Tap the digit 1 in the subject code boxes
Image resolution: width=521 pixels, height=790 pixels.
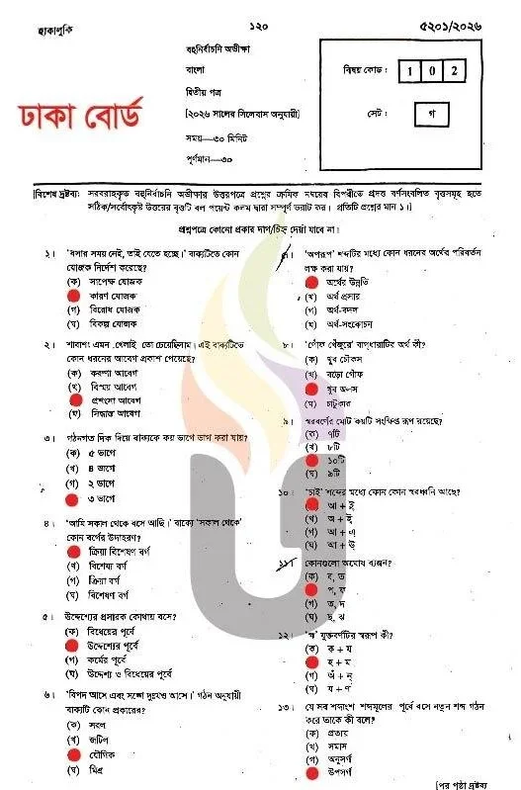pos(410,71)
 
